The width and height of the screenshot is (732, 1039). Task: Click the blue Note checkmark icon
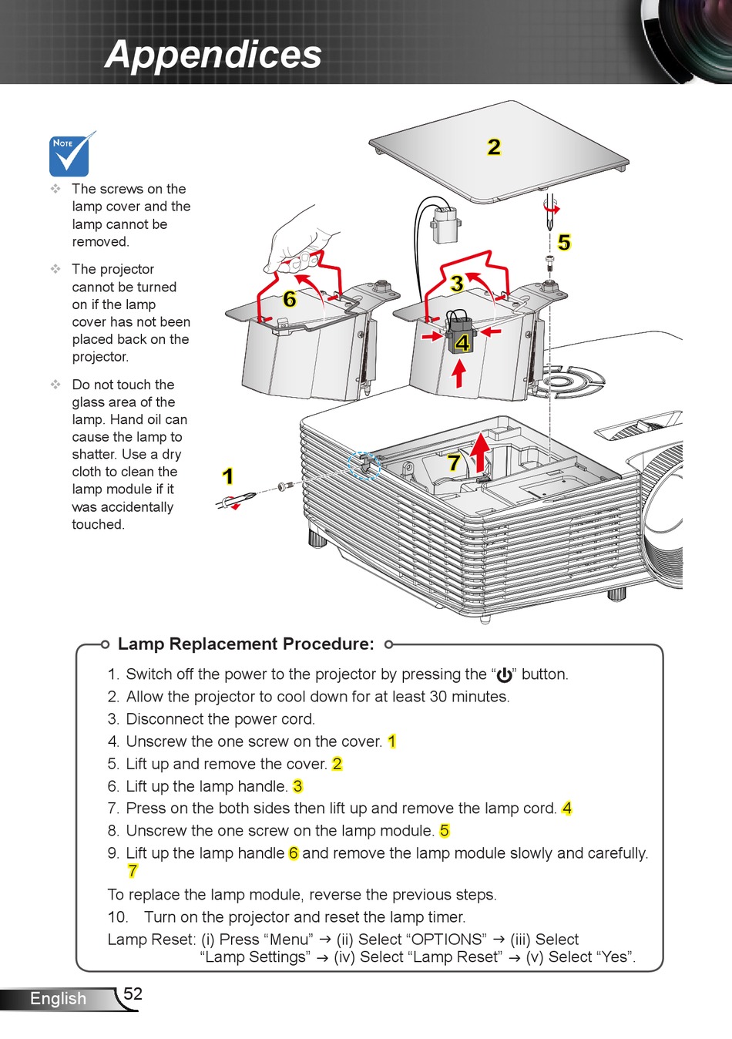[70, 154]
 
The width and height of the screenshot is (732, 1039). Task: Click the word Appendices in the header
[213, 54]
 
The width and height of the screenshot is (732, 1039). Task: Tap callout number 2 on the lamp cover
[494, 147]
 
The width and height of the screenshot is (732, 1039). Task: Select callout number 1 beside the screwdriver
[227, 476]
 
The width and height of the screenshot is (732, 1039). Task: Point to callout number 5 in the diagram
[564, 242]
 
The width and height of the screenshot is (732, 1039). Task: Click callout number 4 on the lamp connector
[462, 343]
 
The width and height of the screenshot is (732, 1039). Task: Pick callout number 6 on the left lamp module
[290, 299]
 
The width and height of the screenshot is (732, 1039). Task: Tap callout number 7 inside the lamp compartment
[454, 462]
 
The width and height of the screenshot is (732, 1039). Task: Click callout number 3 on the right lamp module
[457, 284]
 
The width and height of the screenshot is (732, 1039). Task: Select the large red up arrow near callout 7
[481, 453]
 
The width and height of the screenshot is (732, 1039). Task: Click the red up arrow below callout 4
[459, 374]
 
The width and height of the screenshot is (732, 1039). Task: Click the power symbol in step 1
[505, 675]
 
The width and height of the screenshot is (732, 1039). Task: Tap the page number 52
[133, 994]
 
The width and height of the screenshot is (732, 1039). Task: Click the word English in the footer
[59, 998]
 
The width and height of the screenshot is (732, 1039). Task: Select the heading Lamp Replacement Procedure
[246, 644]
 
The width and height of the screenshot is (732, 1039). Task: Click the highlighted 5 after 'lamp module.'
[445, 830]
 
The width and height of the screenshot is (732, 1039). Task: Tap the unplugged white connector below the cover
[446, 225]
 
